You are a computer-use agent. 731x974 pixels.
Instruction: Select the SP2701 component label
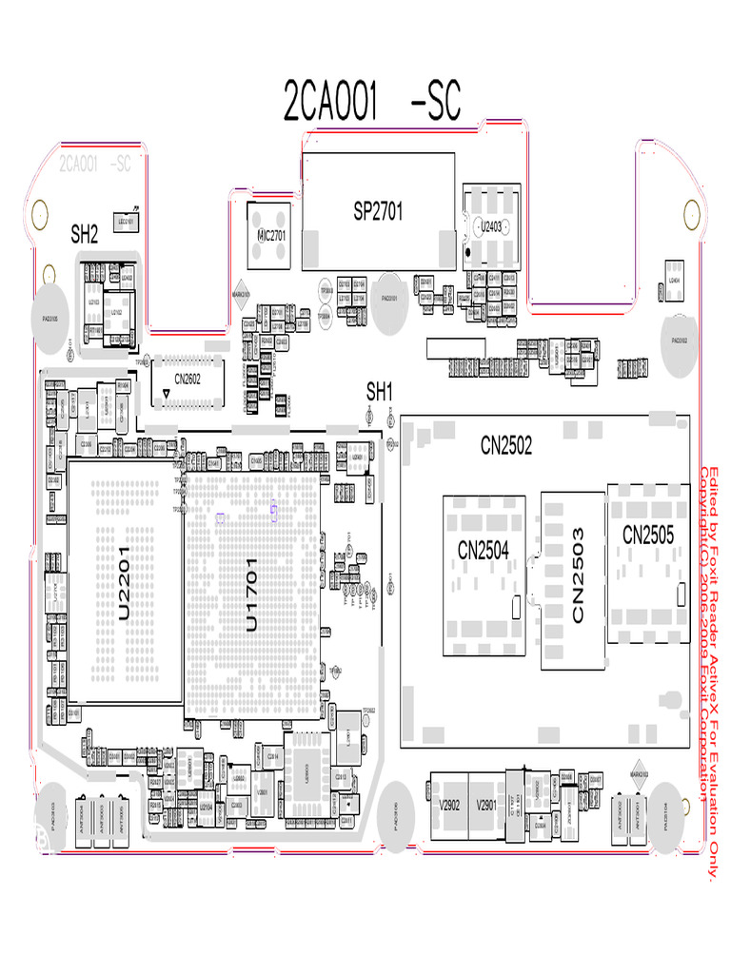click(x=378, y=212)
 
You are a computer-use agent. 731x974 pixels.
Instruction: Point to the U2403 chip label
click(x=490, y=226)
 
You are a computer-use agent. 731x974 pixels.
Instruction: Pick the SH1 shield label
click(x=380, y=390)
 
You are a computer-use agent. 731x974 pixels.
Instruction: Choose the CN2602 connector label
click(x=187, y=379)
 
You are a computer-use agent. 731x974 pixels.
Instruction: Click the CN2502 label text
click(x=506, y=444)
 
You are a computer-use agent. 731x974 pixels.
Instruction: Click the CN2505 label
click(x=648, y=536)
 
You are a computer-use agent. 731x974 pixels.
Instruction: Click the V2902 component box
click(x=449, y=805)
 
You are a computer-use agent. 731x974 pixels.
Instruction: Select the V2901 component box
click(x=486, y=805)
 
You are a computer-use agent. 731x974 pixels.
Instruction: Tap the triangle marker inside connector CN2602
click(x=168, y=392)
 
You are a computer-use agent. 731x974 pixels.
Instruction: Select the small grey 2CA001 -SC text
click(x=94, y=165)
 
